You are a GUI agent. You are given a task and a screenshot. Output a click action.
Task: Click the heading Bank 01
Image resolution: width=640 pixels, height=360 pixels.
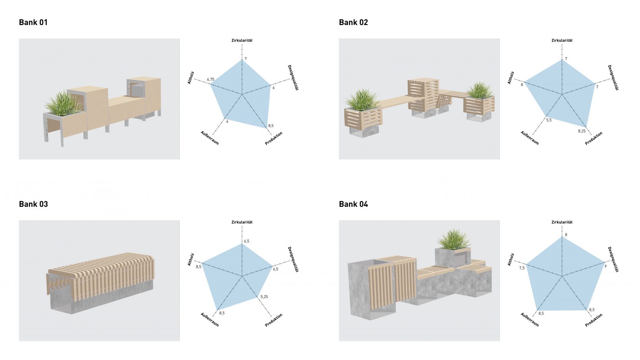tap(33, 23)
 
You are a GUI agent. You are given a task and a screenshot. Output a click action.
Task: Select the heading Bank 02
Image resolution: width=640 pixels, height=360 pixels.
tap(353, 23)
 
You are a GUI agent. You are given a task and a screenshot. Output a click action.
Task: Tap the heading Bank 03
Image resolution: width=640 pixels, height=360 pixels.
tap(33, 204)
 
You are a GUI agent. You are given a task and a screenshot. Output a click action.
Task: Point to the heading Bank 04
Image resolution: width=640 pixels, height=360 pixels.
tap(353, 204)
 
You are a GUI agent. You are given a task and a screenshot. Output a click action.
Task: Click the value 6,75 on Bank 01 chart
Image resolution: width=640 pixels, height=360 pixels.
tap(210, 79)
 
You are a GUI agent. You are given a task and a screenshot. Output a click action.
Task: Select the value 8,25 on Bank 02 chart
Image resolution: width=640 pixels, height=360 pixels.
tap(582, 131)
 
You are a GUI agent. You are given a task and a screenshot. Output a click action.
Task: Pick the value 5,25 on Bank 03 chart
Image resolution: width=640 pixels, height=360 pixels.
tap(264, 297)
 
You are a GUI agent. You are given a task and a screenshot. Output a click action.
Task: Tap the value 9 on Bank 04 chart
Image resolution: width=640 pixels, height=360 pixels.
tap(605, 266)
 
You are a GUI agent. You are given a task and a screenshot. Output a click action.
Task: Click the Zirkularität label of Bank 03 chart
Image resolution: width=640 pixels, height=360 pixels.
tap(242, 222)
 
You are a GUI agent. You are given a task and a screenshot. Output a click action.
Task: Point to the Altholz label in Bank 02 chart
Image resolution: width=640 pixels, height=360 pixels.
tap(511, 77)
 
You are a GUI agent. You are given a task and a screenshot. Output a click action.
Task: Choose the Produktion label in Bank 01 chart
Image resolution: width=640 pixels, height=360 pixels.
tap(274, 138)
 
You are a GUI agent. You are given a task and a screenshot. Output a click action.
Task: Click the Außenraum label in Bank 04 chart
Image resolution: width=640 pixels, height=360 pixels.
tap(530, 320)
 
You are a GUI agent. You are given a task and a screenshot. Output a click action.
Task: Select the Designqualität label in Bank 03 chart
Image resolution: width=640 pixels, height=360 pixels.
tap(293, 259)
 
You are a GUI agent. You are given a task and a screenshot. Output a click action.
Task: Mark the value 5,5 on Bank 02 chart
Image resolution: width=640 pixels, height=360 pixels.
tap(549, 120)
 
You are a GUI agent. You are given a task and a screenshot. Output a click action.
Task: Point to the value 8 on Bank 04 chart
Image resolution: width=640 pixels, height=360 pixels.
tap(566, 235)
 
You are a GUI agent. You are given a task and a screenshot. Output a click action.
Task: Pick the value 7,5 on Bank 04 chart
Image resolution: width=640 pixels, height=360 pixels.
tap(522, 268)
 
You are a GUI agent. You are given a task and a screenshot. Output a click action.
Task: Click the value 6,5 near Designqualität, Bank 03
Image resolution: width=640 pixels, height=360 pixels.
tap(276, 269)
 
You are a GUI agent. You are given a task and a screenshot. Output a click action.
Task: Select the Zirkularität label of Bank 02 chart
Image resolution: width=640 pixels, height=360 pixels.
tap(562, 40)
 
